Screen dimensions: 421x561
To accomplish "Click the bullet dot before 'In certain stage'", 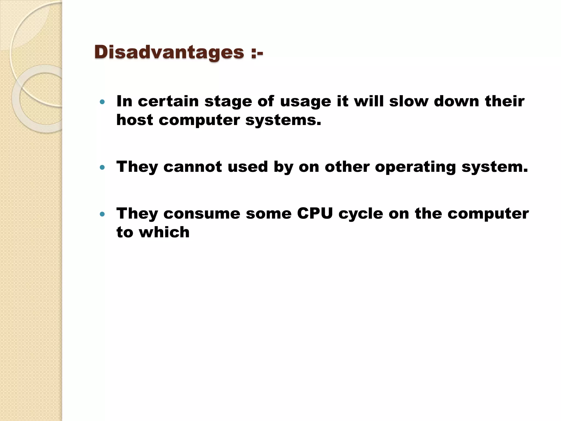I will point(102,102).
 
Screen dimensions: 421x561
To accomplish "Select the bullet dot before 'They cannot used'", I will point(102,167).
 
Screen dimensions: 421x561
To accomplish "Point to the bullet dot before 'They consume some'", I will point(102,214).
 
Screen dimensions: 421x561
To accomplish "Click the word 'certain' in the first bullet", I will point(168,101).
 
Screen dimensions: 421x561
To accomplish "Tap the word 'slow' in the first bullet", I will point(409,101).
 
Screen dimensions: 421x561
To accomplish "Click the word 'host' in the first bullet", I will point(134,120).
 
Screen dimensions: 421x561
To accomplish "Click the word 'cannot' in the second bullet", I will point(193,167).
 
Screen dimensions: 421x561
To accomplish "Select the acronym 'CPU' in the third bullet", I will point(315,213).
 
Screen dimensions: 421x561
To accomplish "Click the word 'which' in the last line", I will point(164,232).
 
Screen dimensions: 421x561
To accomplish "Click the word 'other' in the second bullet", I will point(347,167).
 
